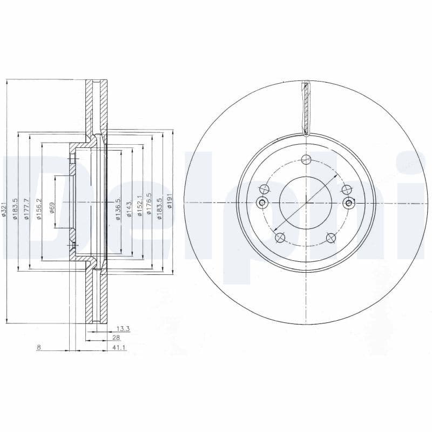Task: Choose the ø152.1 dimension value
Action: coord(139,206)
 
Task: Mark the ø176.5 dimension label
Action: coord(150,206)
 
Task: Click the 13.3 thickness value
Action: coord(124,328)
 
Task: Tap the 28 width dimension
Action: coord(116,337)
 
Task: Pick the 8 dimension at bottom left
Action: coord(38,347)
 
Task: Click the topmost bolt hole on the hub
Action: coord(306,160)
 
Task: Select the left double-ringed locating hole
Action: coord(263,203)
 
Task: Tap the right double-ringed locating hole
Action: coord(349,203)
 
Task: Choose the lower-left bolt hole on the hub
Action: coord(280,238)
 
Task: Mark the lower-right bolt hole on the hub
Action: coord(332,238)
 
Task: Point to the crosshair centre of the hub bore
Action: coord(306,203)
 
